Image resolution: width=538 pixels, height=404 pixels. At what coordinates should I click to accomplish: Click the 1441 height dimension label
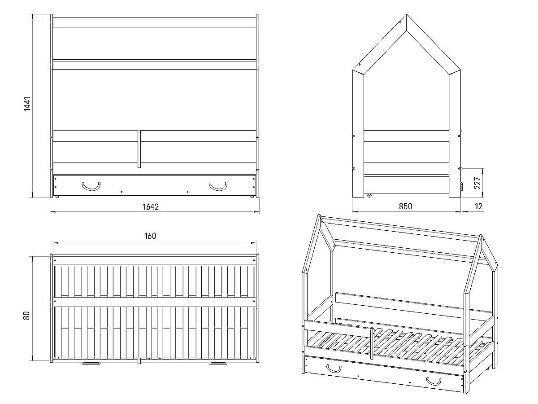27,104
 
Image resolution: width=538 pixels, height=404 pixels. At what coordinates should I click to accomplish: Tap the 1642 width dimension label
151,207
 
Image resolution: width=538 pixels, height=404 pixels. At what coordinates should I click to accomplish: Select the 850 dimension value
405,206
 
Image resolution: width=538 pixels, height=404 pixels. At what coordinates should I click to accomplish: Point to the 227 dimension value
477,183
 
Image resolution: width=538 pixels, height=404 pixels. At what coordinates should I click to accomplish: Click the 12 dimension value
479,206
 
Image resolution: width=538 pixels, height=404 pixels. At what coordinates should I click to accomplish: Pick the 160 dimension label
150,236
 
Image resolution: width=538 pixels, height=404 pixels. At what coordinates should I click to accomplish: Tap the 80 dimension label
26,316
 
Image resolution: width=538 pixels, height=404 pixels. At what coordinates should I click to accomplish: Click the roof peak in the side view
406,15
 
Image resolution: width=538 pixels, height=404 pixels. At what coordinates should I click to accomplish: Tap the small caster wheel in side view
369,196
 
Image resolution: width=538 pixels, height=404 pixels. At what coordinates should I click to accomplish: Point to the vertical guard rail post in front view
139,149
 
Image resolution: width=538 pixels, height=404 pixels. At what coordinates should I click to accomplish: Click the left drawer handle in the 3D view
334,369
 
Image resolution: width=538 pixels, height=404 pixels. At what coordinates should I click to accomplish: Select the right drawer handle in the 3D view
434,381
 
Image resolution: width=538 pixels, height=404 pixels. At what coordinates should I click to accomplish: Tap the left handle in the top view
91,363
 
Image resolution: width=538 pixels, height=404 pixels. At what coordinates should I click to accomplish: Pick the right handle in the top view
218,363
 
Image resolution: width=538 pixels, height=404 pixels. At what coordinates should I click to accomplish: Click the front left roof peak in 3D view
319,216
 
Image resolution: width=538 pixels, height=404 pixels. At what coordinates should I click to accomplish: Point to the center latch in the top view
139,360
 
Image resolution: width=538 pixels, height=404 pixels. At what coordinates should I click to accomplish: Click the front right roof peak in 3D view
481,237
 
